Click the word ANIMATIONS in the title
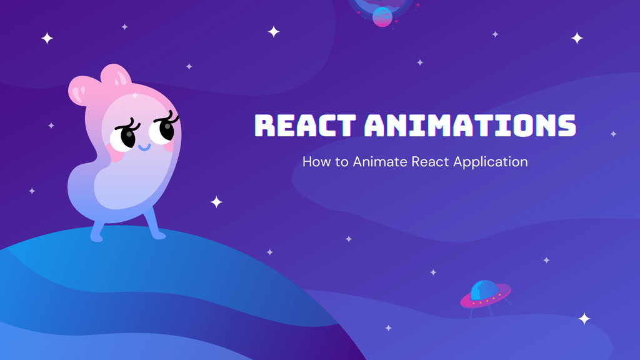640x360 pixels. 470,126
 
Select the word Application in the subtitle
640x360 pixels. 491,162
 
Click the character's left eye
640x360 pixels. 123,137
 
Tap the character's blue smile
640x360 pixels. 144,149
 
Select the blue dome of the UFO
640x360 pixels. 484,289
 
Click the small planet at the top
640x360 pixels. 382,17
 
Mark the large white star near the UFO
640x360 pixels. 584,319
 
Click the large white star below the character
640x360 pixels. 216,202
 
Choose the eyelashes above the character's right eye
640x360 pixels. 169,116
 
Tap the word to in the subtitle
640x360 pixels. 342,162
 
